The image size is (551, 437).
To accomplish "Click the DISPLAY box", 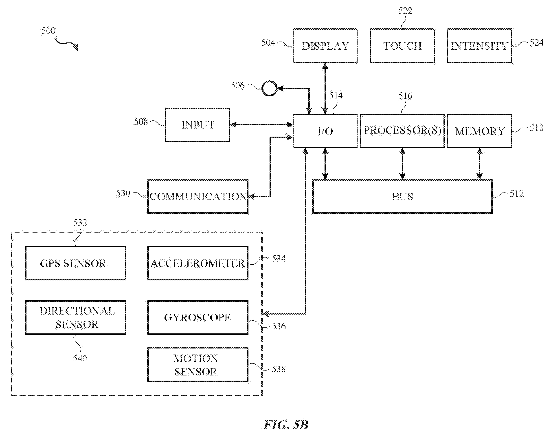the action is (325, 46).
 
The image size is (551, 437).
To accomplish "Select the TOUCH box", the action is (402, 46).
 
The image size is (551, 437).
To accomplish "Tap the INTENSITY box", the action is (479, 46).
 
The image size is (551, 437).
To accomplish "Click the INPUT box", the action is (198, 125).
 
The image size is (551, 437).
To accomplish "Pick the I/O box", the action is (325, 131).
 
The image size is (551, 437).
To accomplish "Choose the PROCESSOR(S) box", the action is (402, 131).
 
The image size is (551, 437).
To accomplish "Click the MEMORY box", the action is (479, 131).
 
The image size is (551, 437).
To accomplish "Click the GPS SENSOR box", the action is (75, 263).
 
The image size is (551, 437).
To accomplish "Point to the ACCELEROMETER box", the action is (198, 263).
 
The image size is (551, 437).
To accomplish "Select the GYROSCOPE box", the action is (198, 317).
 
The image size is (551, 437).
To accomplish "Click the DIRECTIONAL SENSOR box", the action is (75, 317).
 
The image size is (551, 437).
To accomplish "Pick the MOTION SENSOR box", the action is (198, 365).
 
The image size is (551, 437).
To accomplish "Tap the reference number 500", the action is (48, 31).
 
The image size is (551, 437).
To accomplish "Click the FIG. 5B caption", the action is (286, 425).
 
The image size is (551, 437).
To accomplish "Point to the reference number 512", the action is (516, 193).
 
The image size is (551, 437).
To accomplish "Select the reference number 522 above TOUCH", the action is (405, 11).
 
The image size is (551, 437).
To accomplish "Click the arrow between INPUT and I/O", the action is (261, 125).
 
